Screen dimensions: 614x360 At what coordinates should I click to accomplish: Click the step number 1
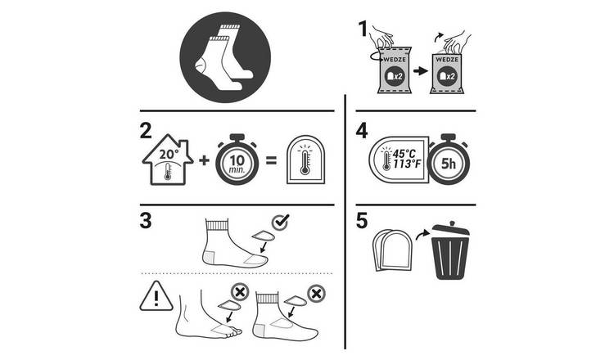click(363, 29)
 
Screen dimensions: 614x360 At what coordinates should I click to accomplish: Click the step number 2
click(146, 131)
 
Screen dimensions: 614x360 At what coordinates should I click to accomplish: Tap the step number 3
click(146, 221)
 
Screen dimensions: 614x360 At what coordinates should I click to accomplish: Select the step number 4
click(362, 131)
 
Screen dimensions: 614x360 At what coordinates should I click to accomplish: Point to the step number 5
click(362, 221)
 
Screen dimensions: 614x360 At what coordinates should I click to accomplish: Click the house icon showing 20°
click(168, 160)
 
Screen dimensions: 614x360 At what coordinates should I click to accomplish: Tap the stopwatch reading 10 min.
click(237, 160)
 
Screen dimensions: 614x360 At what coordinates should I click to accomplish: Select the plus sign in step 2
click(204, 160)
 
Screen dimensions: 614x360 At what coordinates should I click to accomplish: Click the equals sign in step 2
click(271, 160)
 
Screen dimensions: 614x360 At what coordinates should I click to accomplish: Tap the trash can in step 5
click(450, 250)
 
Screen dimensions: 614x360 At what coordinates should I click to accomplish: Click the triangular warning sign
click(156, 296)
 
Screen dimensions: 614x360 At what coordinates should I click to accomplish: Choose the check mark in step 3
click(280, 222)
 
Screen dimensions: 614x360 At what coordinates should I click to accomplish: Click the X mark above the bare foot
click(240, 292)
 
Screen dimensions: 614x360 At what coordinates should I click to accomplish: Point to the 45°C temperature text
click(404, 154)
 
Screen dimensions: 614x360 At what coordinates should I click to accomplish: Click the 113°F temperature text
click(407, 164)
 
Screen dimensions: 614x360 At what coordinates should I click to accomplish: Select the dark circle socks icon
click(225, 57)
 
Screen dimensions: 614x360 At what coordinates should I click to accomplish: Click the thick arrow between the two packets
click(421, 71)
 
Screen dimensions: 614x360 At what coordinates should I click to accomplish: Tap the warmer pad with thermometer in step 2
click(306, 160)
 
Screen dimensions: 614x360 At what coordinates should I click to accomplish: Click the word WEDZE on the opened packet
click(447, 60)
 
